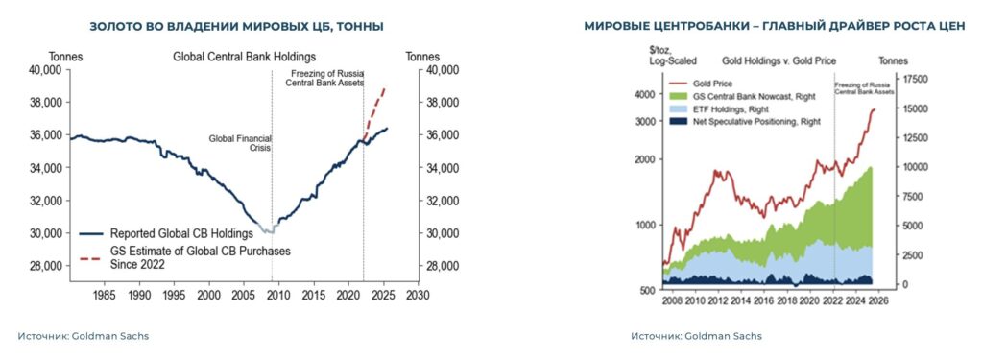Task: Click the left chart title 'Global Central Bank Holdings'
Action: tap(244, 56)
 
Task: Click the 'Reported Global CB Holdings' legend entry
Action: tap(180, 233)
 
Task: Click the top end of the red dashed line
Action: tap(384, 88)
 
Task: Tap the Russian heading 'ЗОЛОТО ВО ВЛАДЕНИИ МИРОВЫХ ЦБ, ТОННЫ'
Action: tap(236, 26)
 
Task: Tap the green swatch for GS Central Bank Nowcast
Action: tap(678, 96)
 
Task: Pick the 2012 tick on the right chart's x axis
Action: tap(715, 297)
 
